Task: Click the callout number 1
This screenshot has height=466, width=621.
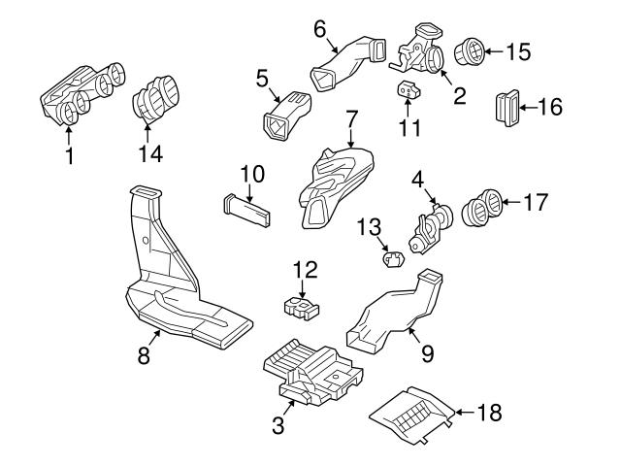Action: (x=68, y=155)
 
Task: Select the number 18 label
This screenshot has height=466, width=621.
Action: (x=491, y=413)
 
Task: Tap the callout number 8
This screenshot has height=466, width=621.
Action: (x=144, y=355)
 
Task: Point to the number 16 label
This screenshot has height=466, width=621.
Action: (x=549, y=108)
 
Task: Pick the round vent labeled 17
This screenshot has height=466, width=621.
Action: (x=482, y=207)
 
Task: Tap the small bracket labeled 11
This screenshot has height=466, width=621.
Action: (x=409, y=90)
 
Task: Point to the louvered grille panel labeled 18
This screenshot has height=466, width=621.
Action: (x=412, y=414)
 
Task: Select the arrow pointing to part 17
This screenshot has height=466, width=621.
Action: (x=511, y=203)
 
